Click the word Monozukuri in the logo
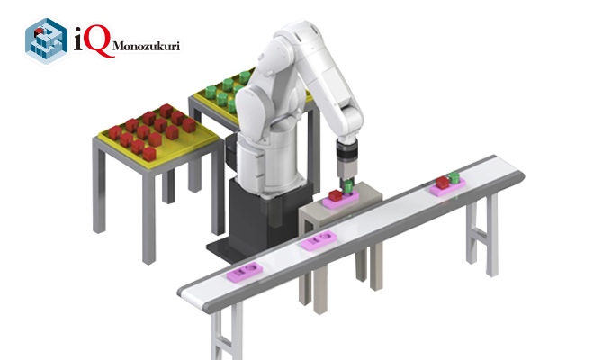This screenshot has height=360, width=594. click(146, 46)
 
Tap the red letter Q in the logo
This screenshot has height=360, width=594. click(98, 40)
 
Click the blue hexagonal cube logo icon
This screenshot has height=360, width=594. click(46, 40)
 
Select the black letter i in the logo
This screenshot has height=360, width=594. click(78, 39)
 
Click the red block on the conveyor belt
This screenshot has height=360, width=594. click(442, 183)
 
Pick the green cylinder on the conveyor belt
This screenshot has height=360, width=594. click(454, 178)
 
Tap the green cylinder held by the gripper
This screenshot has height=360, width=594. click(348, 187)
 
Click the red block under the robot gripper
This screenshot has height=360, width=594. click(335, 195)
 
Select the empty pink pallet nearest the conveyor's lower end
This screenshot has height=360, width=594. click(245, 271)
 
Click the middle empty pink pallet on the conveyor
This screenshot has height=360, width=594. click(319, 240)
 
